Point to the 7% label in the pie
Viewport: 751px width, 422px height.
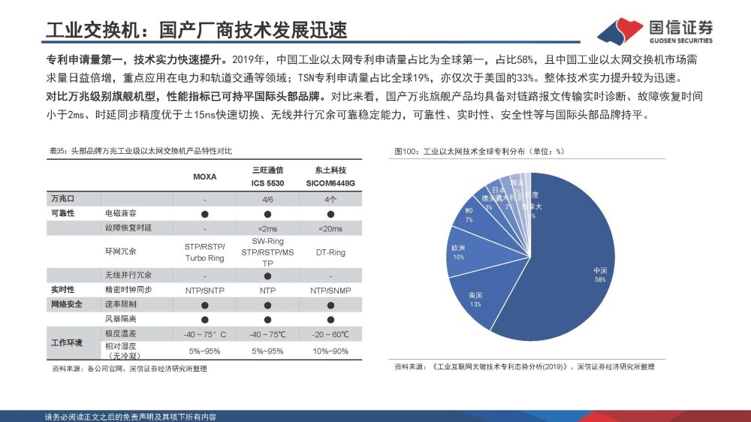469,220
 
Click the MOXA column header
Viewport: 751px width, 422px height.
204,177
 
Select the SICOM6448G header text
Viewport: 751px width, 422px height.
330,182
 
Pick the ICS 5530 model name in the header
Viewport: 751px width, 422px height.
267,182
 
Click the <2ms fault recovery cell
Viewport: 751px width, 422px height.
267,228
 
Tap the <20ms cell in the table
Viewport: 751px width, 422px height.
330,228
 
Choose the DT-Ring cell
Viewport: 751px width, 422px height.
330,252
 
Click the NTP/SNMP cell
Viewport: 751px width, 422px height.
330,289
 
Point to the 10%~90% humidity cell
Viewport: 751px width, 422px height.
330,351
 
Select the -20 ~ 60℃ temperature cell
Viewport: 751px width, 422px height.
330,333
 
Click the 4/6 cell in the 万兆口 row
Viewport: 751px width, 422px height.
267,199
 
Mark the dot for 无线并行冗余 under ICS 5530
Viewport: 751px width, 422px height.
267,276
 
